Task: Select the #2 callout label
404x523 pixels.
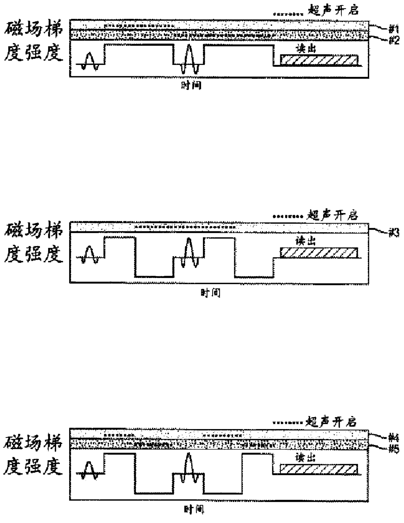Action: (394, 40)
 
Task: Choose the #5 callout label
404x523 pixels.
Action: (394, 449)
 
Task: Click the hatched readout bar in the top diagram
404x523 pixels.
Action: (319, 60)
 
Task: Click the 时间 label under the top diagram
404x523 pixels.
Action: (191, 85)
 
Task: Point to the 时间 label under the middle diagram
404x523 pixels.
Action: (210, 293)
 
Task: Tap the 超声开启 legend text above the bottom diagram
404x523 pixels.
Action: (331, 422)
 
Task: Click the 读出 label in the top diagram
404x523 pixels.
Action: (306, 49)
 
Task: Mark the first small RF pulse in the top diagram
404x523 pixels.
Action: (90, 61)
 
